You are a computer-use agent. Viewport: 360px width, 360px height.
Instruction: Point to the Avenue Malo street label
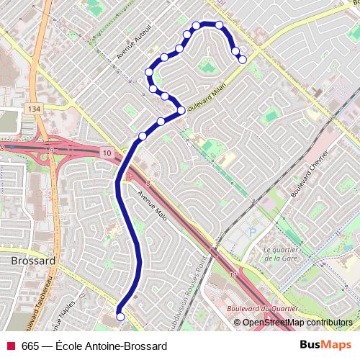(x=152, y=204)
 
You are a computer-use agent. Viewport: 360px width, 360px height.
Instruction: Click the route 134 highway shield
(x=33, y=108)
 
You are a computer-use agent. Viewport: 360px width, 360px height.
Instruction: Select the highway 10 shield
(x=107, y=152)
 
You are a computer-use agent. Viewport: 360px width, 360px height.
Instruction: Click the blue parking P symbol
(x=252, y=232)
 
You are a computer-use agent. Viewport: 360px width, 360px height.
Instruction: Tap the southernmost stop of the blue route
(x=120, y=316)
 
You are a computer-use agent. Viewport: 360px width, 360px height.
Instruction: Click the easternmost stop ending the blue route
(x=243, y=59)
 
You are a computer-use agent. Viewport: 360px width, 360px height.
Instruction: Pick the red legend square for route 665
(x=11, y=346)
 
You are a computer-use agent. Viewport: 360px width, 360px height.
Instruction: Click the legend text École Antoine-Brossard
(x=111, y=346)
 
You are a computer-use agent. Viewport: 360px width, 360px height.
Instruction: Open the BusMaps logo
(x=325, y=345)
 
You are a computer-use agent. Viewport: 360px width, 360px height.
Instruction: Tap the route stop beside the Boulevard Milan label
(x=181, y=110)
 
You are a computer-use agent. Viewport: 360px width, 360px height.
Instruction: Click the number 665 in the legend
(x=30, y=346)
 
